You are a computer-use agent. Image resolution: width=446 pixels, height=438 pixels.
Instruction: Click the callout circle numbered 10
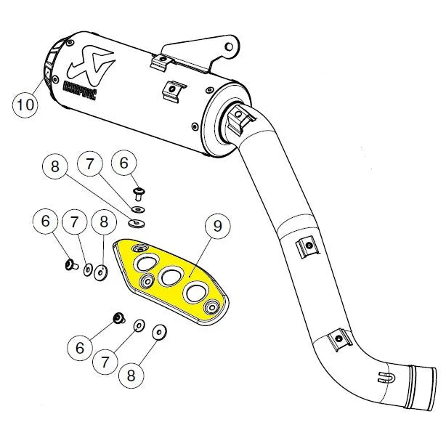[x=25, y=105]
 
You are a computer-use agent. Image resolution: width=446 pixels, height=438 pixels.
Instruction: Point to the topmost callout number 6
[x=124, y=164]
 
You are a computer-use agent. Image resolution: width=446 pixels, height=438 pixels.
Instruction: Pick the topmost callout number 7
[x=91, y=165]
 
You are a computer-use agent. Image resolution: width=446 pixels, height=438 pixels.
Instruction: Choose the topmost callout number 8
[x=55, y=166]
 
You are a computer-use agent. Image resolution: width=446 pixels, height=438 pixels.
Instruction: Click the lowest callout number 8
[x=131, y=376]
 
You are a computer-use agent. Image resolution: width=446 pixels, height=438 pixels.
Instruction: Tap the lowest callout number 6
[x=80, y=349]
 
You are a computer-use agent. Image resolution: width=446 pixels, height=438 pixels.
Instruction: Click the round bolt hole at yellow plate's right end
[x=213, y=305]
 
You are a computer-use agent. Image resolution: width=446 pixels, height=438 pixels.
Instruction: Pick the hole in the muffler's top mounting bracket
[x=230, y=49]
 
